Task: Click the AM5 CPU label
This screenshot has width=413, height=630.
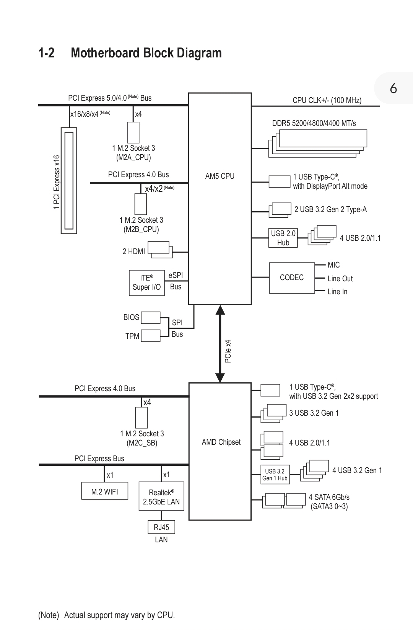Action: coord(220,176)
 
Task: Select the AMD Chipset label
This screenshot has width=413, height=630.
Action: coord(221,442)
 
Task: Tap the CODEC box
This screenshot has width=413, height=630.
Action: coord(291,277)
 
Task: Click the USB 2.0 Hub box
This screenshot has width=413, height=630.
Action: coord(283,238)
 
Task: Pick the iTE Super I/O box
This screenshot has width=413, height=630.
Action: coord(146,282)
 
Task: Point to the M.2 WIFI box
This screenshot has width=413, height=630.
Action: coord(104,491)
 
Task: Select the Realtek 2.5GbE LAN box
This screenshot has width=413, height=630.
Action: coord(161,496)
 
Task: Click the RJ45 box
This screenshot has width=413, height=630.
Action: coord(161,527)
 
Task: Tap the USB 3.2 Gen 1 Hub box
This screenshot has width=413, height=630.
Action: coord(275,475)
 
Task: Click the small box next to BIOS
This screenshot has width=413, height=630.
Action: coord(150,318)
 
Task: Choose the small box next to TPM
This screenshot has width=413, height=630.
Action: coord(150,336)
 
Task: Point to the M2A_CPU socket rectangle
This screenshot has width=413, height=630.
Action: coord(133,132)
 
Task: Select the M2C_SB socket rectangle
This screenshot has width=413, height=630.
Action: coord(141,418)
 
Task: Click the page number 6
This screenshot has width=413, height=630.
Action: coord(393,89)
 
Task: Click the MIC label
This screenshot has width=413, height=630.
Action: coord(333,265)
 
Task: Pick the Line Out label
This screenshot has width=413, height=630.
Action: coord(340,279)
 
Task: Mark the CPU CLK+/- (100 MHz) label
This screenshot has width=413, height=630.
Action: coord(327,100)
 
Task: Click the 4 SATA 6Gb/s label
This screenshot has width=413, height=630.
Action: coord(329,497)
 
